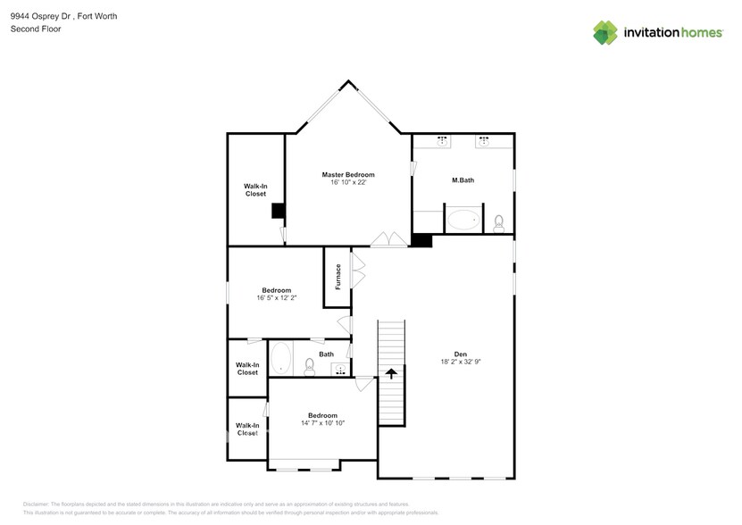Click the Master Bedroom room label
pyautogui.click(x=348, y=174)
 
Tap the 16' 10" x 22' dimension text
pyautogui.click(x=348, y=182)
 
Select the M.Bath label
pyautogui.click(x=463, y=180)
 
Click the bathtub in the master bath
pyautogui.click(x=463, y=220)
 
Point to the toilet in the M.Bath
pyautogui.click(x=499, y=221)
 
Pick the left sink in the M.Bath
pyautogui.click(x=443, y=140)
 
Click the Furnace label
pyautogui.click(x=338, y=277)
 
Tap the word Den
pyautogui.click(x=461, y=354)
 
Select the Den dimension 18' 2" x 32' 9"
pyautogui.click(x=461, y=362)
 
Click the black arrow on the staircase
pyautogui.click(x=391, y=373)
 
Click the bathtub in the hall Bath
pyautogui.click(x=280, y=359)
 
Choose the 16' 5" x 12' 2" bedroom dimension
pyautogui.click(x=277, y=297)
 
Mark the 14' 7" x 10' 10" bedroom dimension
pyautogui.click(x=322, y=422)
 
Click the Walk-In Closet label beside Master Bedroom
pyautogui.click(x=255, y=189)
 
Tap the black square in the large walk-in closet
pyautogui.click(x=278, y=211)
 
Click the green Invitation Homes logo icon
pyautogui.click(x=605, y=32)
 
